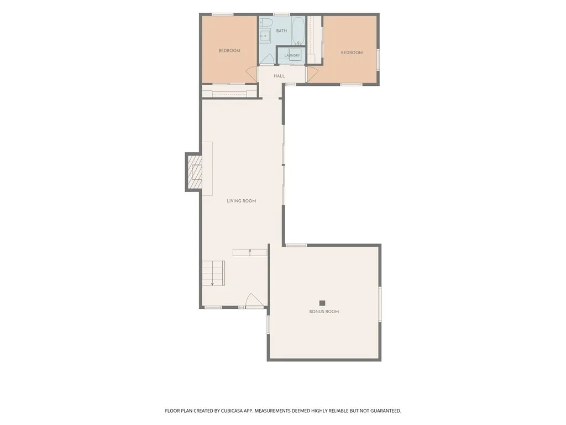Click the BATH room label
click(281, 31)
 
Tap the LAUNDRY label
click(292, 55)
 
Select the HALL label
click(279, 76)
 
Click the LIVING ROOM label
click(241, 201)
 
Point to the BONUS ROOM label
click(324, 312)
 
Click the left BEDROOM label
click(229, 50)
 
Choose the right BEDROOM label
click(352, 53)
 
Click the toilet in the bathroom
click(266, 22)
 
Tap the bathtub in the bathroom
click(298, 31)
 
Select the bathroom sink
click(265, 36)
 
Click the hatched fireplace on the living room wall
click(194, 172)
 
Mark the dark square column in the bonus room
click(322, 303)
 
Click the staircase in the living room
click(213, 273)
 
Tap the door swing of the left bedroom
click(252, 75)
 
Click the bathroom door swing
click(267, 59)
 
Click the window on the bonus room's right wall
click(380, 304)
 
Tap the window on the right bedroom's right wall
click(378, 60)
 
